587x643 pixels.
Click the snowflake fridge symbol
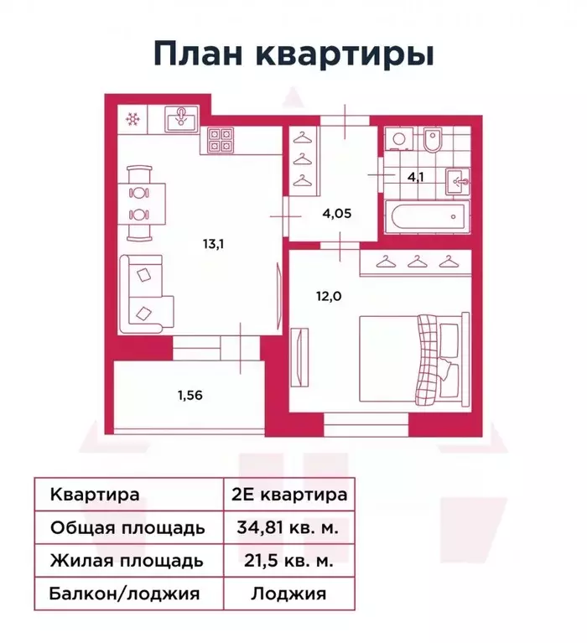click(132, 119)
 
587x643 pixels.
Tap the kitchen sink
click(180, 118)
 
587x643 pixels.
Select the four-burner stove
click(220, 139)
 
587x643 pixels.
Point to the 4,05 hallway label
click(336, 213)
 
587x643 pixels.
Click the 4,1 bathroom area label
click(416, 177)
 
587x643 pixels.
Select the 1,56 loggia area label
click(190, 392)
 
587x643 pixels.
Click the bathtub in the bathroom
click(429, 216)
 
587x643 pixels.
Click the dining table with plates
click(141, 202)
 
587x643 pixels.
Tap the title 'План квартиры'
click(293, 53)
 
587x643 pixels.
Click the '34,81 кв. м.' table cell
click(288, 527)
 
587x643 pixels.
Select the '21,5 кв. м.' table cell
click(288, 560)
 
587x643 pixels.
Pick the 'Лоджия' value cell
click(288, 594)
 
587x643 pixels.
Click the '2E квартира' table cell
click(288, 494)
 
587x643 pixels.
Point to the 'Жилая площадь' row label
click(127, 560)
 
